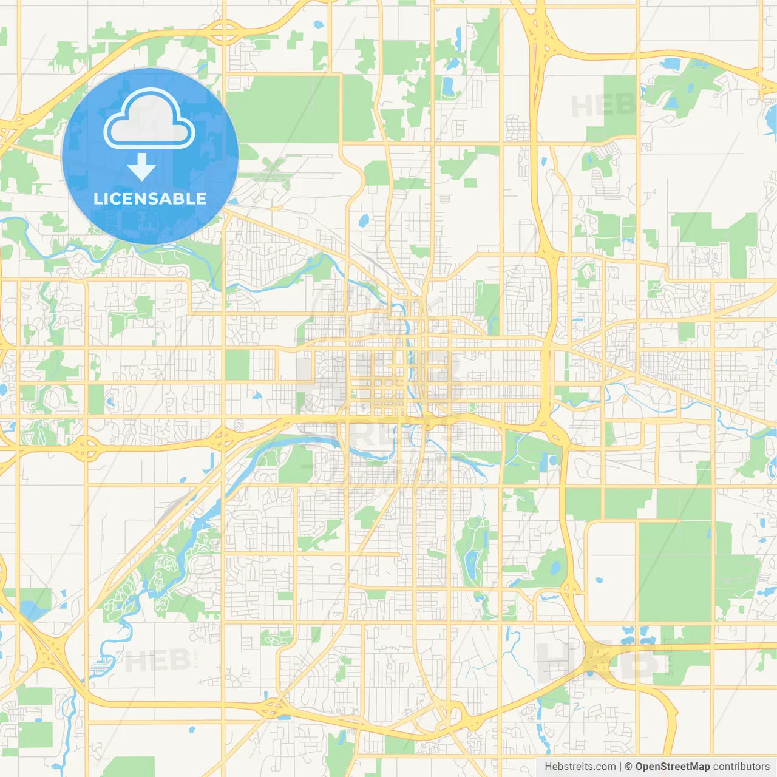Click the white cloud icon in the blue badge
tap(149, 119)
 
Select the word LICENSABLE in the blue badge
tap(150, 198)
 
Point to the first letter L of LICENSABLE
tap(97, 198)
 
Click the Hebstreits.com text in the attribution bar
tap(580, 767)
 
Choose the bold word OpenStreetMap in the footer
tap(672, 767)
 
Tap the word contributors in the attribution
tap(741, 767)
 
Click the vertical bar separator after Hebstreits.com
tap(620, 767)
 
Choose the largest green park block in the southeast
tap(674, 571)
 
